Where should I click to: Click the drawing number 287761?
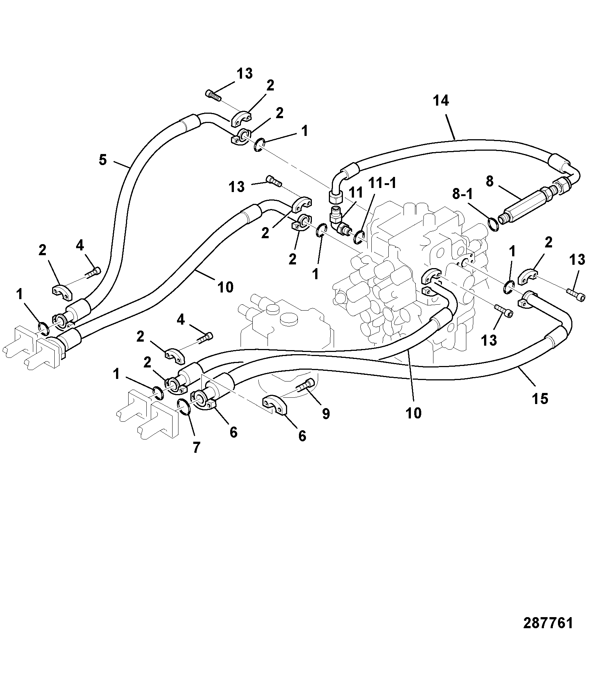548,623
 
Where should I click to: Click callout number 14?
440,100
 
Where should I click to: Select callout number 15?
540,399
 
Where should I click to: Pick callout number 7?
196,448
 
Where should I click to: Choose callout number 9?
326,414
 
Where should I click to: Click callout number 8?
490,182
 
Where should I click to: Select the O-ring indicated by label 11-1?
359,237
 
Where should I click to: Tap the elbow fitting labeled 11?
338,221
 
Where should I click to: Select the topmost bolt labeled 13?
213,95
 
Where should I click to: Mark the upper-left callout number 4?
80,246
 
